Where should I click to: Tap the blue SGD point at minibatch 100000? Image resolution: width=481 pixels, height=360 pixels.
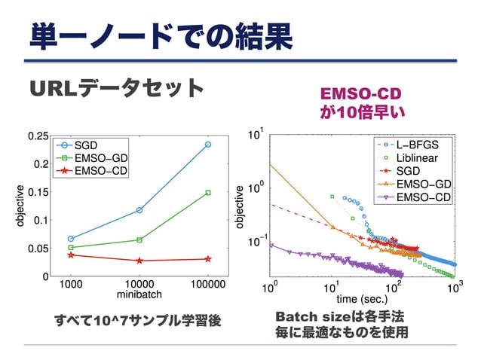(208, 144)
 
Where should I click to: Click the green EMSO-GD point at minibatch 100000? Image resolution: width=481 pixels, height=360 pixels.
(208, 193)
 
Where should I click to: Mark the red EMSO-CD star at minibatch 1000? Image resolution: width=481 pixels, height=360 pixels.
(71, 255)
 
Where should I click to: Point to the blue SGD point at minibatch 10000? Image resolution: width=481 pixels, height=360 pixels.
(139, 210)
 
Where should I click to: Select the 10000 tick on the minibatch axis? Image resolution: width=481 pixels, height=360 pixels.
(139, 285)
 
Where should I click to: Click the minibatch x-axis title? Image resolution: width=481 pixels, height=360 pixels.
(139, 294)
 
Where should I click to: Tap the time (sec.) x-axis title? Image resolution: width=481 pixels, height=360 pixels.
(362, 298)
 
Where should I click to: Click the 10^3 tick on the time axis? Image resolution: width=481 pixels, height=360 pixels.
(453, 288)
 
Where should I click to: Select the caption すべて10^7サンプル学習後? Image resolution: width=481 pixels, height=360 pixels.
(136, 320)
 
